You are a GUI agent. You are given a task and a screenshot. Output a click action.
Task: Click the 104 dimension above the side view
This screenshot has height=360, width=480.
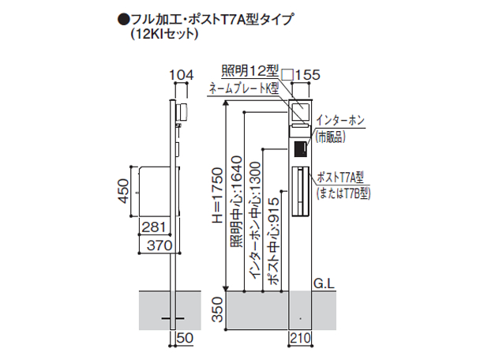click(182, 75)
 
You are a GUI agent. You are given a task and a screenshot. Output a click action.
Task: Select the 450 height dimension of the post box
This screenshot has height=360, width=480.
click(124, 191)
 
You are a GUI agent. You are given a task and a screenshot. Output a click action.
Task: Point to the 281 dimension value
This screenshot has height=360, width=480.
click(154, 227)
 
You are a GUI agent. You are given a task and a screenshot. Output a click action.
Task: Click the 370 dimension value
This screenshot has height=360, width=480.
click(159, 246)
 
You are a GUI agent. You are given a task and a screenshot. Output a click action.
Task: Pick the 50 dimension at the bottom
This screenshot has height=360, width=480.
click(185, 338)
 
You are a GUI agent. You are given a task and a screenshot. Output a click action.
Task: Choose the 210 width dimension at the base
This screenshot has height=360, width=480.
click(300, 338)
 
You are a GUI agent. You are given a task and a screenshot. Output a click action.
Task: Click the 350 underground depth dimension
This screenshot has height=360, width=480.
click(218, 309)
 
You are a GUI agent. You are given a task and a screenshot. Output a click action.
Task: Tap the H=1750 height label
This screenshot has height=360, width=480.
click(218, 195)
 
